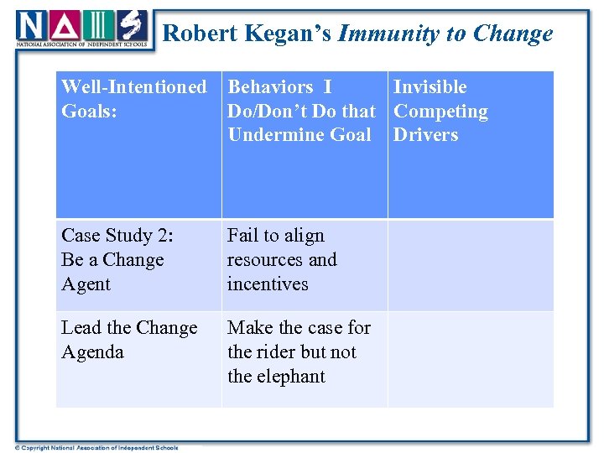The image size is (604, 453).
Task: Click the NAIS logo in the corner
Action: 82,28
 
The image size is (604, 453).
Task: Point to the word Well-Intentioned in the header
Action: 134,86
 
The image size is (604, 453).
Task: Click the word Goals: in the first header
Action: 88,111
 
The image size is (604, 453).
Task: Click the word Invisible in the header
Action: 430,86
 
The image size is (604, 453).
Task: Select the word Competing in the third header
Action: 440,111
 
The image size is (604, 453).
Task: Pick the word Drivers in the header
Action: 426,135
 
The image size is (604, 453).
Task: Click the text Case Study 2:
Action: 117,236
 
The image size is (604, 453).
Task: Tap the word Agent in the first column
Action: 86,284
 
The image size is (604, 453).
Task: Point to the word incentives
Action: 268,284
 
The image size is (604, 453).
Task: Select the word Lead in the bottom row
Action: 81,328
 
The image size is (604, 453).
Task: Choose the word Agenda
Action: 92,352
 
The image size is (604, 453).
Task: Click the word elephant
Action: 290,377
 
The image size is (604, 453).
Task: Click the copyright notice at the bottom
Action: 96,447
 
